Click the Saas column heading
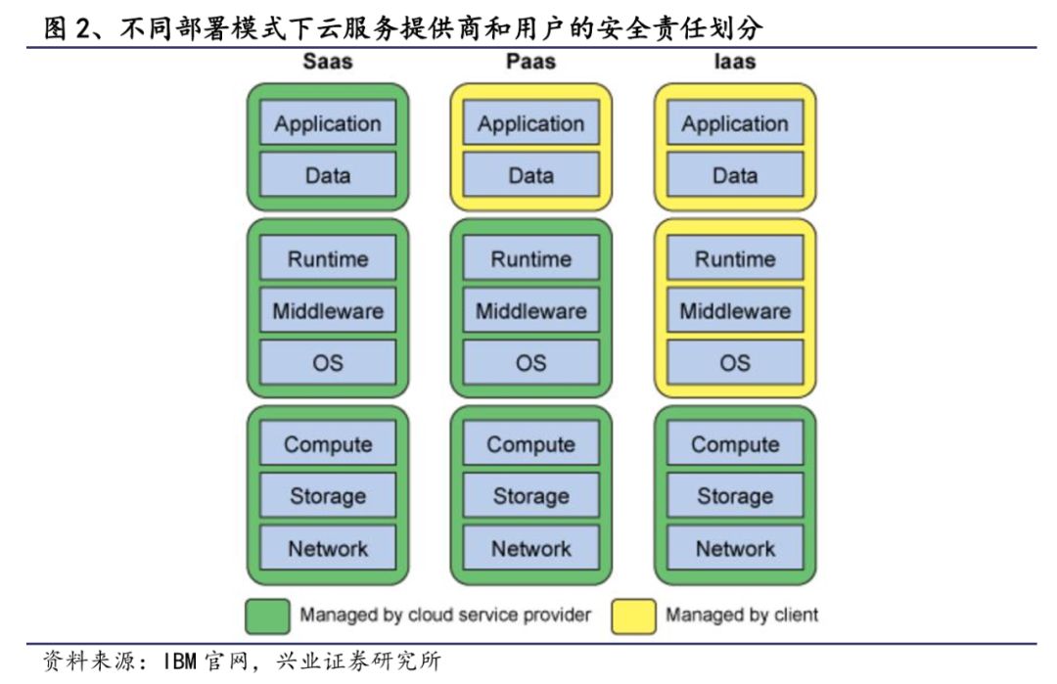[x=327, y=62]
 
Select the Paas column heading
[x=530, y=62]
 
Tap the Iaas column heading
[x=734, y=62]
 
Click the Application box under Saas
[x=328, y=124]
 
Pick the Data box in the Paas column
[x=531, y=176]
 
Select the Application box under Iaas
[x=735, y=124]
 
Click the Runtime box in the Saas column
[x=328, y=259]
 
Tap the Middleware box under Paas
[x=531, y=311]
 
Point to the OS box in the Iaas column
[x=735, y=363]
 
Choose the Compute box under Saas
[x=328, y=444]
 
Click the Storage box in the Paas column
[x=531, y=496]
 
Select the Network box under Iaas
[x=735, y=548]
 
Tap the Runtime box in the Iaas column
[x=735, y=259]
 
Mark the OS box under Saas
[x=328, y=363]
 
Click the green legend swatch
[x=266, y=616]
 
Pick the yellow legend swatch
[x=633, y=616]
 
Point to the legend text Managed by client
[x=742, y=616]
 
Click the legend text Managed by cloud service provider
[x=445, y=616]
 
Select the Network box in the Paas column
[x=531, y=548]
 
